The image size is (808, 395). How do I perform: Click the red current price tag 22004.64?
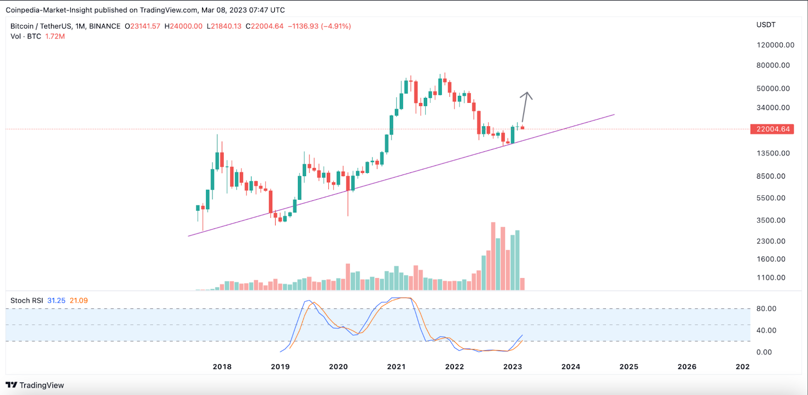click(x=772, y=129)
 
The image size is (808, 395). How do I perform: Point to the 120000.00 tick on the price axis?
click(x=775, y=45)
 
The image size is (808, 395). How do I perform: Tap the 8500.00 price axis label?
click(x=771, y=176)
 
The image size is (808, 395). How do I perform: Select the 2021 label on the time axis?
click(x=396, y=367)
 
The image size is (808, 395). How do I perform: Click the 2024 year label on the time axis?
click(x=571, y=367)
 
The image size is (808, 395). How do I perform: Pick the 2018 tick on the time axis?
click(x=222, y=367)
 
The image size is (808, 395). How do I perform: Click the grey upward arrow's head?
click(x=527, y=94)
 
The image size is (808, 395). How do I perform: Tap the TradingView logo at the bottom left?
click(x=35, y=385)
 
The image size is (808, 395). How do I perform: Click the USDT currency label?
click(x=766, y=25)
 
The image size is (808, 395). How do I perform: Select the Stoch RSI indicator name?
click(x=27, y=301)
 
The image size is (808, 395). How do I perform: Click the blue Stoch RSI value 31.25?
click(x=57, y=301)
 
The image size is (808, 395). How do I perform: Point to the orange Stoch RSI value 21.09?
click(x=79, y=301)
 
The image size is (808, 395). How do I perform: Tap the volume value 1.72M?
click(x=55, y=36)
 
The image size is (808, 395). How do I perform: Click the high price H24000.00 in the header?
click(x=183, y=26)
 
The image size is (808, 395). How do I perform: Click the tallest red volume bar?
click(x=493, y=256)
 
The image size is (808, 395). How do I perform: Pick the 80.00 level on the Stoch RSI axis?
click(x=766, y=309)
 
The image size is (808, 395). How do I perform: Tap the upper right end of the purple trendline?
click(x=614, y=115)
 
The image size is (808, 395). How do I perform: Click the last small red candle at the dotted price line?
click(x=522, y=128)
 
